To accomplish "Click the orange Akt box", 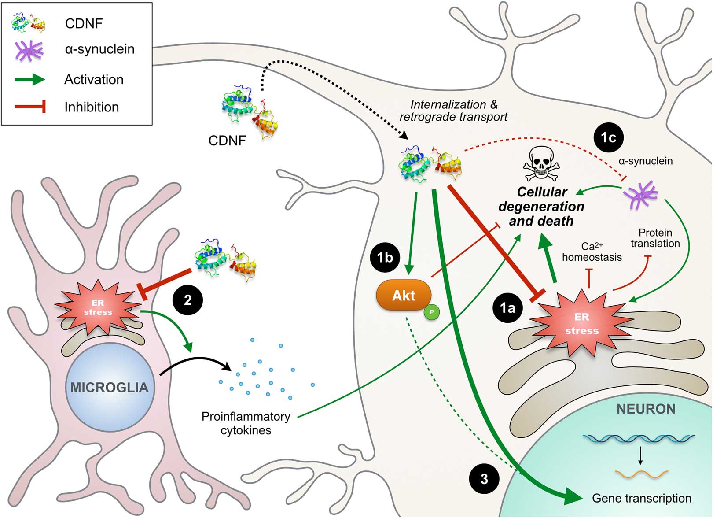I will click(x=403, y=295).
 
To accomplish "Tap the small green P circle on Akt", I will click(x=432, y=312).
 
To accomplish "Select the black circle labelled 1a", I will click(x=507, y=307).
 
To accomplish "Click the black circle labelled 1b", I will click(x=385, y=257).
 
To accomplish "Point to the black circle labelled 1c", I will click(x=608, y=137).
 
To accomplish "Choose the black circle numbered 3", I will click(x=484, y=479).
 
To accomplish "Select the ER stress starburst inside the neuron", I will click(x=581, y=323).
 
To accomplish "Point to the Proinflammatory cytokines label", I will click(x=246, y=423).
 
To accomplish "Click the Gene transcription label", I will click(x=641, y=498).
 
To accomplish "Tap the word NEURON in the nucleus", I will click(x=646, y=409).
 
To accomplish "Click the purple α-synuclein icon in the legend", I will click(x=29, y=50).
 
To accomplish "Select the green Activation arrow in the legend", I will click(x=29, y=80).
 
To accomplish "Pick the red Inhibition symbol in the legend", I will click(x=30, y=107).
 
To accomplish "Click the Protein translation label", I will click(x=655, y=238).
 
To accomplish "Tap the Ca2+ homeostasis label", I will click(x=592, y=252).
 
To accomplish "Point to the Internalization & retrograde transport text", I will click(x=453, y=111).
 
